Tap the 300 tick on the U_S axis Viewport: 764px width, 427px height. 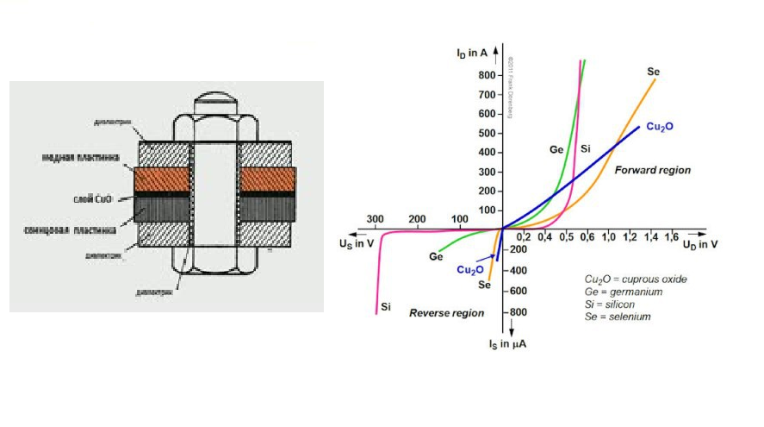376,218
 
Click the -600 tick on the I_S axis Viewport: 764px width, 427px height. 491,291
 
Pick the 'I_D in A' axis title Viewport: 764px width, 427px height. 472,53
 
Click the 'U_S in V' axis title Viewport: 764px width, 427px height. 357,243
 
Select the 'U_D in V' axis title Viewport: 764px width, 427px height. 700,245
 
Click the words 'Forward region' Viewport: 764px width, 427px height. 652,171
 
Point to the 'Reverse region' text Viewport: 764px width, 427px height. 446,312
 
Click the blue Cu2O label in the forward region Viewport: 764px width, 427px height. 659,127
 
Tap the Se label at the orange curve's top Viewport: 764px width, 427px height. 653,71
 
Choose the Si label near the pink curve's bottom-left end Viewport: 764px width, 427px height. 386,306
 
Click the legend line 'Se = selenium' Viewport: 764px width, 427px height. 618,317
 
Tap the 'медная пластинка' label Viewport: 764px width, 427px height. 81,158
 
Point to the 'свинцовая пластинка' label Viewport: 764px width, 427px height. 80,229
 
